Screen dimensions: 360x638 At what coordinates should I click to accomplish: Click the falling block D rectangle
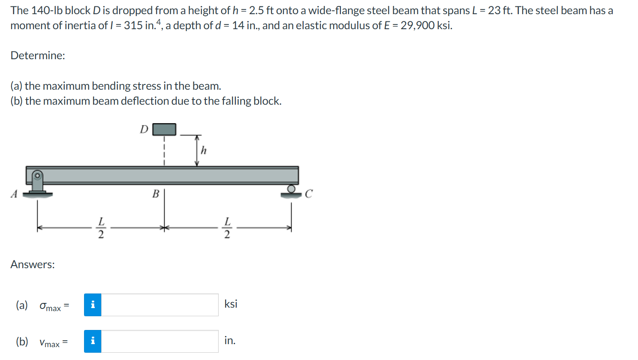(x=164, y=129)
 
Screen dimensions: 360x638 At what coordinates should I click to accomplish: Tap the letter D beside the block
(x=144, y=129)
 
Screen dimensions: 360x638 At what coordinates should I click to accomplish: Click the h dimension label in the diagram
(x=204, y=150)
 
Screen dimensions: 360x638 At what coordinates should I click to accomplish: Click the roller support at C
(x=292, y=191)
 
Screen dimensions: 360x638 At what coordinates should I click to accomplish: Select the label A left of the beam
(x=14, y=194)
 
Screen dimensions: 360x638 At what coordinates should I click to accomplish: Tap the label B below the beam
(x=156, y=194)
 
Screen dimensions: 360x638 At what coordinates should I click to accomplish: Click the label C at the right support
(x=309, y=194)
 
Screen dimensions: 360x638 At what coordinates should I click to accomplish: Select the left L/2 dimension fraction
(x=101, y=227)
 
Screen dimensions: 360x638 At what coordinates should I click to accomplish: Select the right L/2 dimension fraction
(x=227, y=227)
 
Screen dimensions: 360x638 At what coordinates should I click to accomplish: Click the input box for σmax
(x=159, y=305)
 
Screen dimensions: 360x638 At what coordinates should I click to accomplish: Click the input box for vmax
(x=159, y=341)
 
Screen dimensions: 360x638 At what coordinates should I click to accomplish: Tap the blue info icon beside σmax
(x=93, y=305)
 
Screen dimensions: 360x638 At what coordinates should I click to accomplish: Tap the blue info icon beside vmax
(x=93, y=341)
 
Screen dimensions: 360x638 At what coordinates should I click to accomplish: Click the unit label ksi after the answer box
(x=231, y=304)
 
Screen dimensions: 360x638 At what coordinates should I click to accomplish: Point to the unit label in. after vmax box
(x=229, y=340)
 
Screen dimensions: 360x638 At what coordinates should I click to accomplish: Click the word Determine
(x=38, y=55)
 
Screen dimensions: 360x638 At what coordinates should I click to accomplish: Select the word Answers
(x=33, y=264)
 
